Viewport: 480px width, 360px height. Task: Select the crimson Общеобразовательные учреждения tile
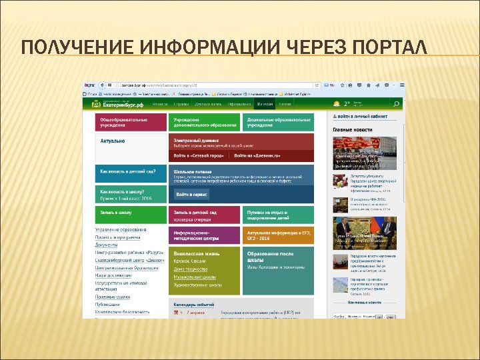pos(130,122)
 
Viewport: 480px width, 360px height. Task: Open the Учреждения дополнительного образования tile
pos(204,122)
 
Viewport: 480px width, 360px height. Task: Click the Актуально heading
pos(113,141)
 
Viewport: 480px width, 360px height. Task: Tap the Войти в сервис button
pos(192,194)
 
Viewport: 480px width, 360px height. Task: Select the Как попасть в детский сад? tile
pos(131,173)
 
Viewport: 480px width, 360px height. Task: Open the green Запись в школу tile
pos(131,214)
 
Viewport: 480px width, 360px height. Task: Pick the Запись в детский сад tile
pos(204,214)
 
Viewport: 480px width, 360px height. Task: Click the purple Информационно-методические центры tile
pos(204,235)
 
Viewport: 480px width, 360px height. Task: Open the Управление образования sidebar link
pos(120,230)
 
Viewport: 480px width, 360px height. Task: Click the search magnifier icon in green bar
pos(395,104)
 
